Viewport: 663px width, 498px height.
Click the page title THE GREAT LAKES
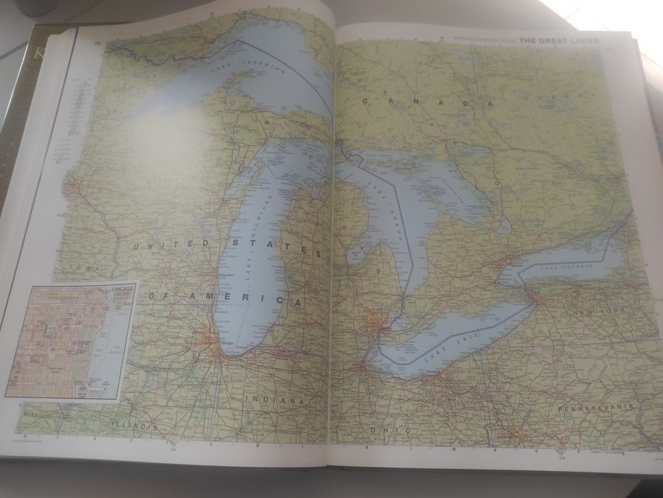coord(559,41)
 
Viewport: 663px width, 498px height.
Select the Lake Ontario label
coord(564,267)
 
